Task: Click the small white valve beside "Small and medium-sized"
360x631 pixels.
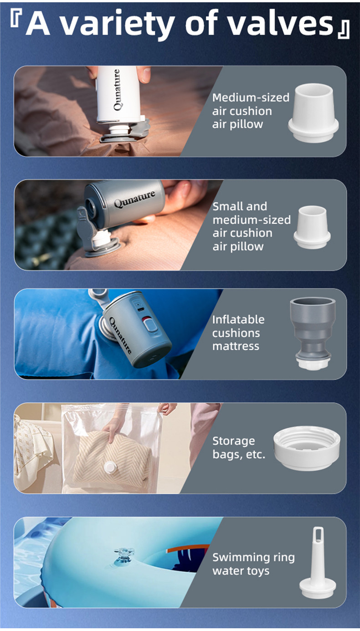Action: point(312,227)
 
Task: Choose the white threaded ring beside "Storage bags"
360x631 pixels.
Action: point(307,448)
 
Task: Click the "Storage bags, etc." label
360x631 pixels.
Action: point(239,448)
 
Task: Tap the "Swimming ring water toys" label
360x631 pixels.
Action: point(253,564)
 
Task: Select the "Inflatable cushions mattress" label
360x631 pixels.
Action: point(238,333)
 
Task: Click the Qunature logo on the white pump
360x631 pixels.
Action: point(117,90)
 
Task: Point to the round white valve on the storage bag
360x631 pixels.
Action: point(110,468)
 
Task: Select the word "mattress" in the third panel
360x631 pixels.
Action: point(236,346)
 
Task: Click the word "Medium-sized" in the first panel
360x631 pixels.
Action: point(251,97)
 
